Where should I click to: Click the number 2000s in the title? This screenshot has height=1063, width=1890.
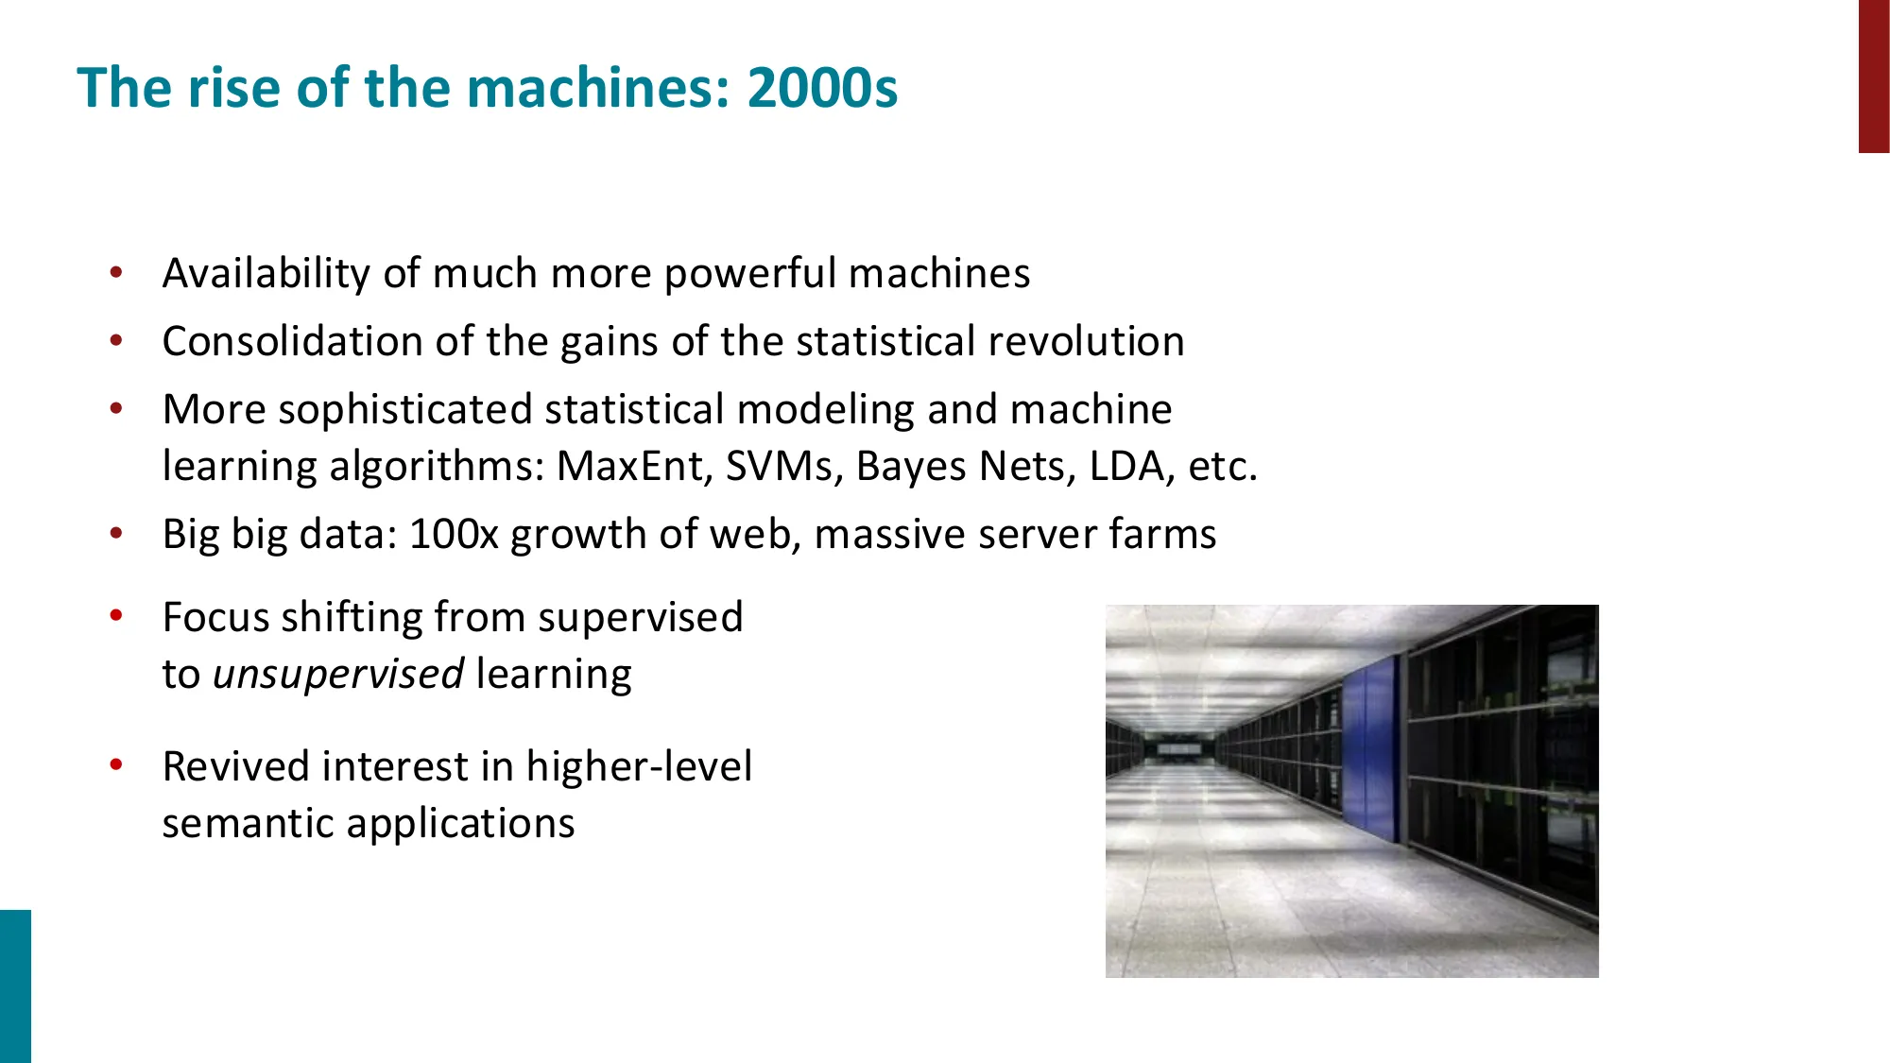coord(821,88)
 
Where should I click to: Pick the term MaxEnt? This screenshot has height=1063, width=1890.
coord(633,466)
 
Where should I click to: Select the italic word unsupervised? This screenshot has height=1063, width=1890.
coord(337,675)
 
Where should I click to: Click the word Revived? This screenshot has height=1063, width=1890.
coord(234,766)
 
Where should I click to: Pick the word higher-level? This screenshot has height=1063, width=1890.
coord(639,766)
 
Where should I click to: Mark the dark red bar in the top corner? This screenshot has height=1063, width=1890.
coord(1873,76)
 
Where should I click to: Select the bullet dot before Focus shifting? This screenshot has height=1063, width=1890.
coord(116,617)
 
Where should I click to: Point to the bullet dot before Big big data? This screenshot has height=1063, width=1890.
coord(116,534)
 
